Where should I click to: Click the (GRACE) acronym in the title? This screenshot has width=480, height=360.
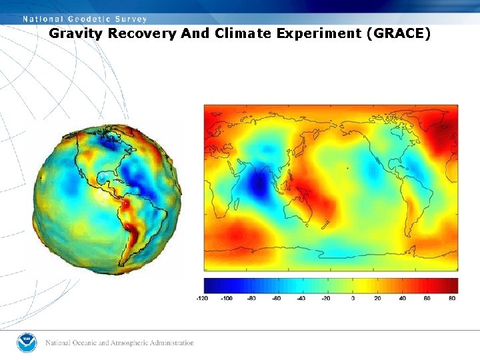point(398,33)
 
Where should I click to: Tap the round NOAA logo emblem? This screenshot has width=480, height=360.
point(27,343)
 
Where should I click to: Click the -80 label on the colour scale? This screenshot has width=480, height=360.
point(251,298)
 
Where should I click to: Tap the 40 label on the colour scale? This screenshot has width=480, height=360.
point(403,298)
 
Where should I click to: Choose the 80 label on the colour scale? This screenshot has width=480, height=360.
point(452,298)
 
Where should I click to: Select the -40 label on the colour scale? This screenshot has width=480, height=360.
point(301,298)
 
